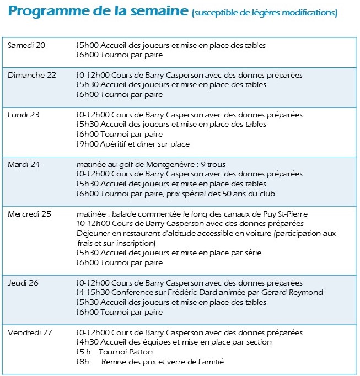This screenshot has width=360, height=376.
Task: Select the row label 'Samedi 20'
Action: [x=26, y=45]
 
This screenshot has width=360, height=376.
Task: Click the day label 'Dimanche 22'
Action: [x=32, y=75]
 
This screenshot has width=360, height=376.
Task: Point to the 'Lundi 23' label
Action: [x=24, y=115]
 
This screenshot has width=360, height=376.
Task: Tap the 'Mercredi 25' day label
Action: [x=29, y=213]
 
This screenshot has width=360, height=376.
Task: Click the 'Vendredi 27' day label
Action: [x=30, y=332]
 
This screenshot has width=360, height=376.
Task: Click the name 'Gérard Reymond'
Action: [x=295, y=292]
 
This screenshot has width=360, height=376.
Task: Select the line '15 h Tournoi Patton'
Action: [x=115, y=352]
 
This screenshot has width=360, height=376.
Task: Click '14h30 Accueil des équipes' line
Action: [x=174, y=342]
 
